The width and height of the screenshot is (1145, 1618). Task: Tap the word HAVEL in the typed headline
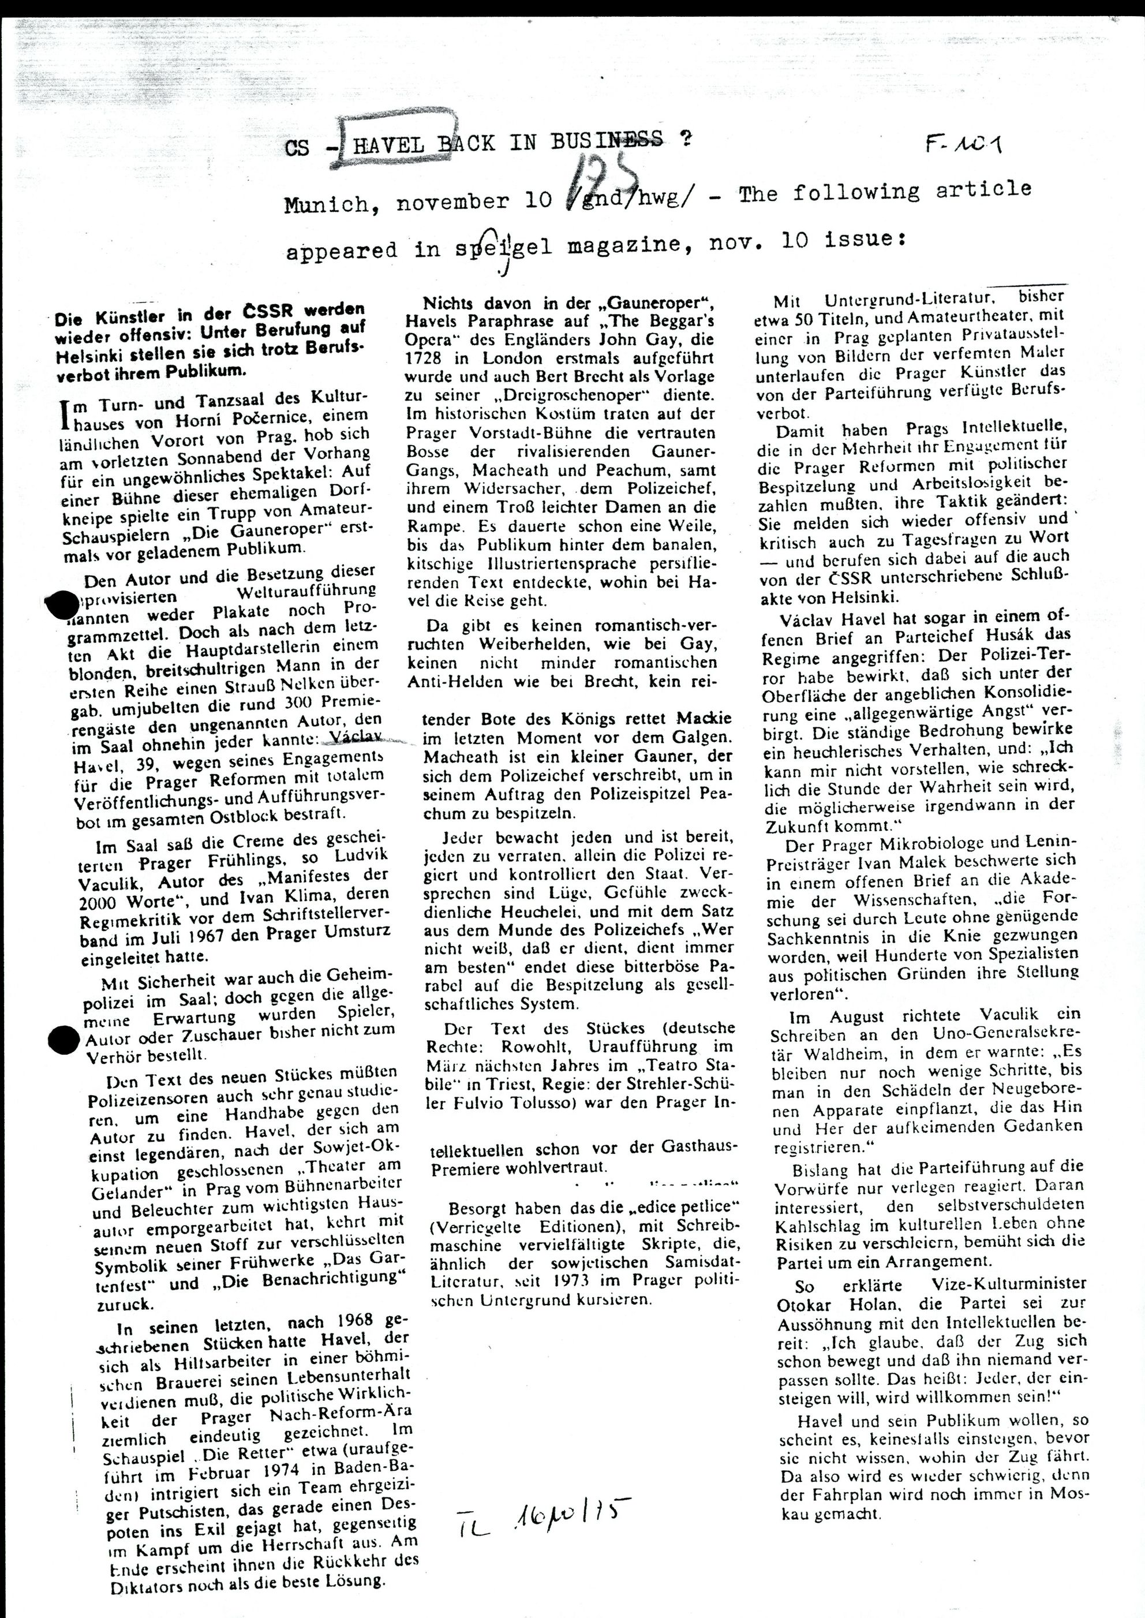387,144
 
